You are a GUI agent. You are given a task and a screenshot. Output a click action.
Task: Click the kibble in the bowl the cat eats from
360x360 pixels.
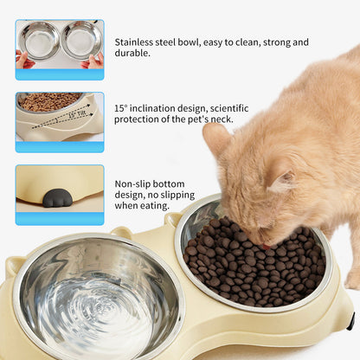click(x=251, y=260)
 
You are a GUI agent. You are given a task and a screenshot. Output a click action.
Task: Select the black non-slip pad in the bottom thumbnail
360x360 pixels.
click(x=57, y=198)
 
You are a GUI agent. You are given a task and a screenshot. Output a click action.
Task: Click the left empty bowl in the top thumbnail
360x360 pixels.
click(x=40, y=41)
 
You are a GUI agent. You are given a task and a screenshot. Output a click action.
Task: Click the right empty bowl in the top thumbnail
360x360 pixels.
click(x=81, y=40)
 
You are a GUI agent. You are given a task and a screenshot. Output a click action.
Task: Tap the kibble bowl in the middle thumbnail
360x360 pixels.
click(x=50, y=102)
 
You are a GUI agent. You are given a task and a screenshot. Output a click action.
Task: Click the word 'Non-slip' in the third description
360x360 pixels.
click(x=137, y=183)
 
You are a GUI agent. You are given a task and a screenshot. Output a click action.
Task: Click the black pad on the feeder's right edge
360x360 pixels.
click(x=350, y=321)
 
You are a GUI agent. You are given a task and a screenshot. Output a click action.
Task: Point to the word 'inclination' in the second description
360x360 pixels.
click(x=162, y=107)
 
